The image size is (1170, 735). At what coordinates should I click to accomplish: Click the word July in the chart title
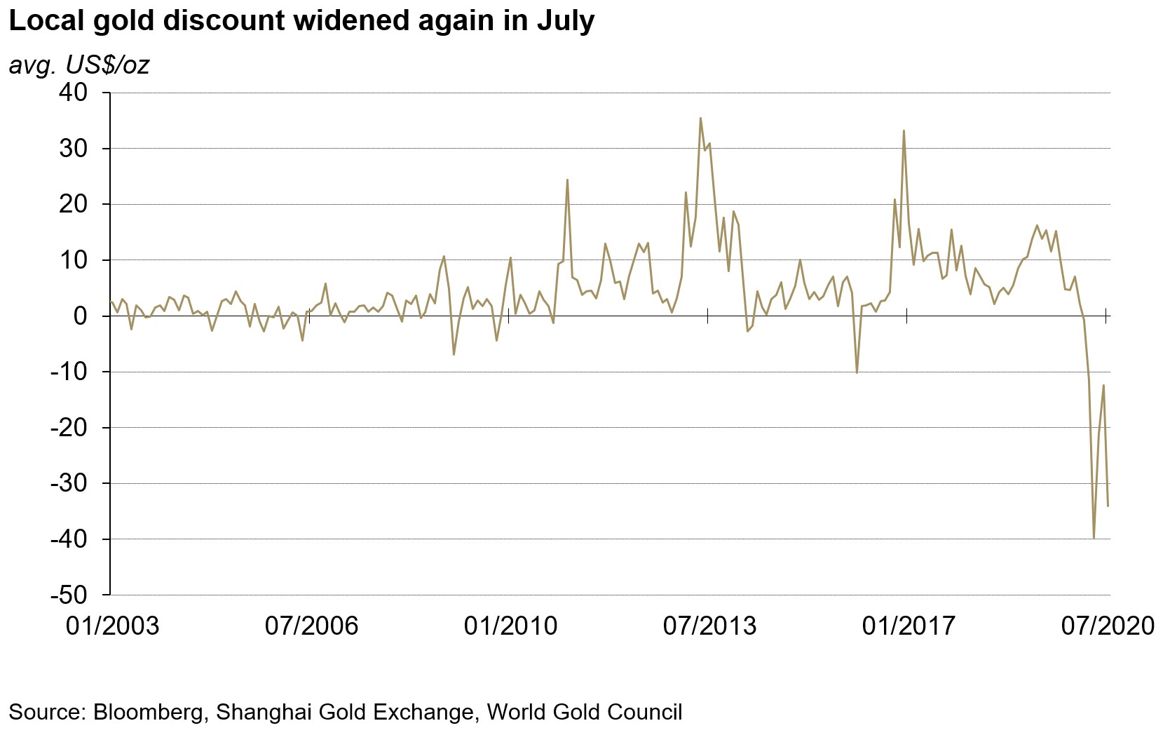566,21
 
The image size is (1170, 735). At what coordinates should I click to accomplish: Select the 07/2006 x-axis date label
311,626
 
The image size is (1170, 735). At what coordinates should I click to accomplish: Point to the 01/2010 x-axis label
510,626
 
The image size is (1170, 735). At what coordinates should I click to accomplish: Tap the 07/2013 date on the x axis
709,626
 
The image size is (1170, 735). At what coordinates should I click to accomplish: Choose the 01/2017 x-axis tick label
909,626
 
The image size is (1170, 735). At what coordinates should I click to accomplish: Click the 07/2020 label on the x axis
1108,626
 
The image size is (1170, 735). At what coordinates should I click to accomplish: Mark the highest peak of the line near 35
700,119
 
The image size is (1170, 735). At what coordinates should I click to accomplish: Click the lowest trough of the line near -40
1094,538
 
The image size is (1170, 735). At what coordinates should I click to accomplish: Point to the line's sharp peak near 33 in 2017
904,131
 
